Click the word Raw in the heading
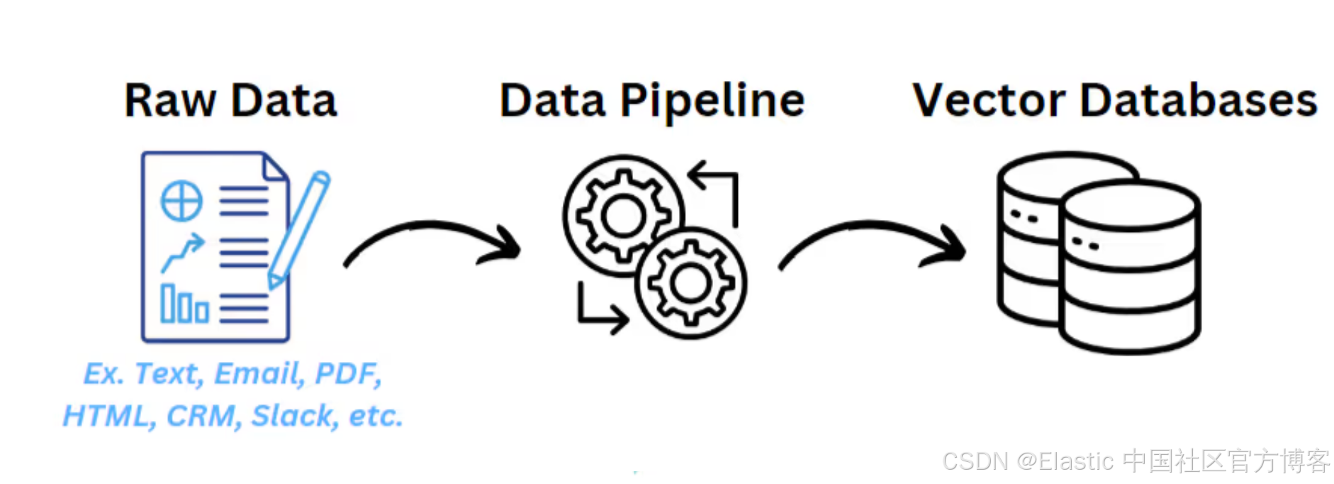169,101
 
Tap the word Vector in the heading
989,101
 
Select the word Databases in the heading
1199,101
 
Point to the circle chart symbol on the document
181,201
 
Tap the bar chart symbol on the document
184,304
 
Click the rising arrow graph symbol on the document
183,253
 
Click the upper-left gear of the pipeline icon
622,216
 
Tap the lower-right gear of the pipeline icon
690,283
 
